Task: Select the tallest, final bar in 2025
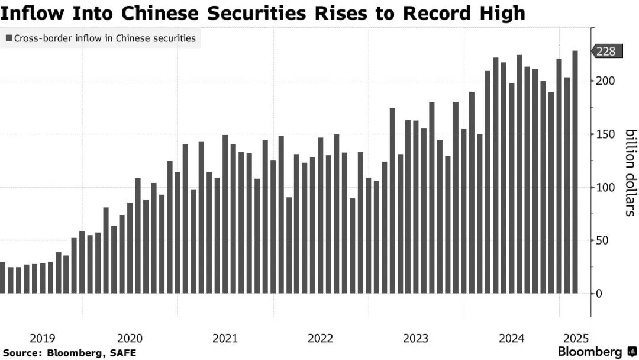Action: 575,172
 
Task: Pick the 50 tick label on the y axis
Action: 601,241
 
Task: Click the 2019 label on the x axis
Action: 42,339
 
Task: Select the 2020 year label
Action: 130,339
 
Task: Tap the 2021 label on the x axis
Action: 225,339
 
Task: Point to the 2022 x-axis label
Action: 321,339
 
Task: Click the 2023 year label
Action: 416,339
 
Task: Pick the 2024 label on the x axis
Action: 511,339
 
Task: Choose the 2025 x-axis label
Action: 575,339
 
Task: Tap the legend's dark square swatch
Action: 9,38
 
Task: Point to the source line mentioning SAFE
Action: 68,353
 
